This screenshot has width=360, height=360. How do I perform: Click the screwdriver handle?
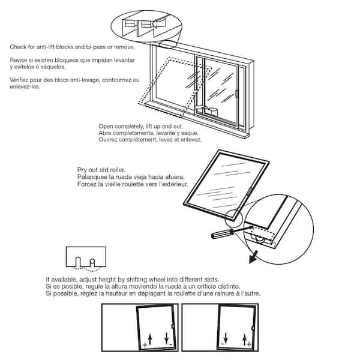point(220,234)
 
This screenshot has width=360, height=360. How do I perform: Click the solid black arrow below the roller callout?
point(253,257)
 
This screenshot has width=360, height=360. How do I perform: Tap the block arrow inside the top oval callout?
point(159,23)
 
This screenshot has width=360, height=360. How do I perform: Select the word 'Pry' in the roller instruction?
point(82,170)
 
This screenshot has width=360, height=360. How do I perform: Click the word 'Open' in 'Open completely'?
point(106,127)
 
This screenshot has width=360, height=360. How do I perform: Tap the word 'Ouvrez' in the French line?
point(107,139)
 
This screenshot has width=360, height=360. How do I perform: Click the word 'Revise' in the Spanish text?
point(17,60)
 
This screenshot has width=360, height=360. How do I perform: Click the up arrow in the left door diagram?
point(150,339)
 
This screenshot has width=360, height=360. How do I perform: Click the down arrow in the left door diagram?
point(167,338)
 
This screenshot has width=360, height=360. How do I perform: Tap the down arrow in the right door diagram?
point(226,338)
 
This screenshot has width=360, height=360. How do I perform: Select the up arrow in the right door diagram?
point(245,340)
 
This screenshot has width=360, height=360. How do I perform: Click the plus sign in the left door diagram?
point(145,345)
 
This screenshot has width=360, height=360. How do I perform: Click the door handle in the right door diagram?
point(253,328)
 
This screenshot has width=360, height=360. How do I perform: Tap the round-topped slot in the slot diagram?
point(92,263)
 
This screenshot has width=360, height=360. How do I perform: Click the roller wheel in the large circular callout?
point(260,240)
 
